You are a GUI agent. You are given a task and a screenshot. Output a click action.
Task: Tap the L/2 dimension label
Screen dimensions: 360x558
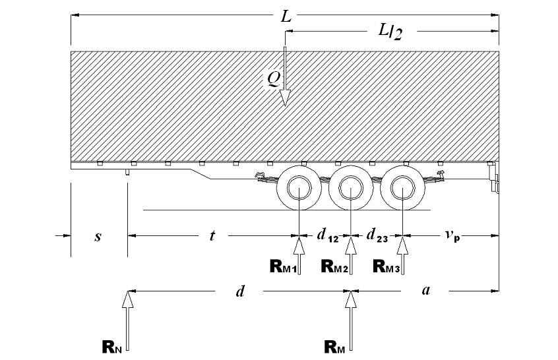click(389, 31)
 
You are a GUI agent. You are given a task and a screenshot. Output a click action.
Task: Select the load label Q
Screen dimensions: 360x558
click(273, 78)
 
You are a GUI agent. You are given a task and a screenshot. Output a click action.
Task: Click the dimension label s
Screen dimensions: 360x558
click(98, 235)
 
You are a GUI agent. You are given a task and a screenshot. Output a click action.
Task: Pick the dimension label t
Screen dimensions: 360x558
click(212, 235)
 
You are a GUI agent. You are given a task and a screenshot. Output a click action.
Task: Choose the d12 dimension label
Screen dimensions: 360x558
click(326, 235)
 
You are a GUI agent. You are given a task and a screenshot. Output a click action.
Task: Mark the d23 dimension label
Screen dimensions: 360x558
click(377, 235)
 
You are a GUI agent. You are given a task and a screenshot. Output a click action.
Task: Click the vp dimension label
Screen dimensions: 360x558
click(452, 235)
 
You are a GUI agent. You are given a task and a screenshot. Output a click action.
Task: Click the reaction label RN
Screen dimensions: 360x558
click(111, 346)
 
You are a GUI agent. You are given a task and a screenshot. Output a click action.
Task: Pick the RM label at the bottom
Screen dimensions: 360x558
click(335, 346)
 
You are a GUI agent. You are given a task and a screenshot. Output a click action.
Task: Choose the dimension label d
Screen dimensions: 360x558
click(240, 291)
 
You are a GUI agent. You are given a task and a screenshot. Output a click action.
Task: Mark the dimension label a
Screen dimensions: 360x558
click(426, 291)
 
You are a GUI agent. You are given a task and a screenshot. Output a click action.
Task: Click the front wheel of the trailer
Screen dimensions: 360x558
click(299, 189)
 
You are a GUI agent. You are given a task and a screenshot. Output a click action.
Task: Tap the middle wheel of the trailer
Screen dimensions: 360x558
click(351, 189)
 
